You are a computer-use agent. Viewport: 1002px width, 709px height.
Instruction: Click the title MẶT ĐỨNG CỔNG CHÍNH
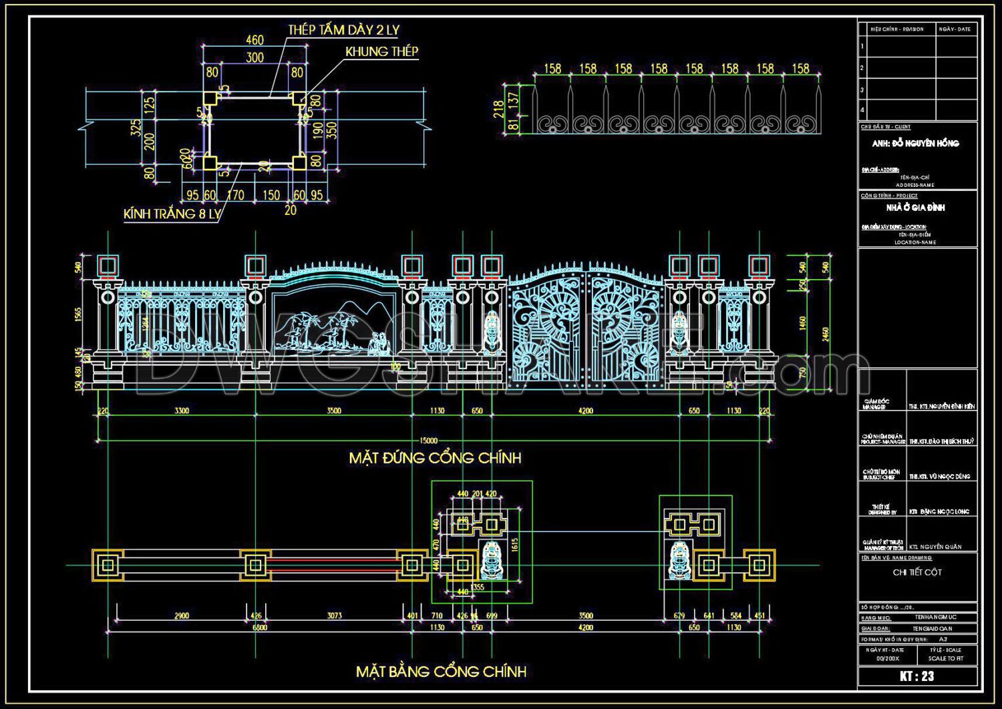click(435, 458)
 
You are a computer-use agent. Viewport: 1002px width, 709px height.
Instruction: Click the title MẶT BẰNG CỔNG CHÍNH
click(441, 671)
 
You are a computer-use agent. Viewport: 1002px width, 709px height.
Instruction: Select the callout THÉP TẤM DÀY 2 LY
click(343, 30)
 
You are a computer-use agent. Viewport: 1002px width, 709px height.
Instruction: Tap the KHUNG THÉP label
click(381, 51)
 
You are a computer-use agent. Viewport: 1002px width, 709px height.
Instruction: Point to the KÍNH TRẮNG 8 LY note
click(172, 214)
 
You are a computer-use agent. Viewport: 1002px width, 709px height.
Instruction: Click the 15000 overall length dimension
click(429, 441)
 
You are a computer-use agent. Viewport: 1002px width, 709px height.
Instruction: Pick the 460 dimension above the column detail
click(255, 40)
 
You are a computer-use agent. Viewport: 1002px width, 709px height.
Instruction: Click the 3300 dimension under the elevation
click(182, 411)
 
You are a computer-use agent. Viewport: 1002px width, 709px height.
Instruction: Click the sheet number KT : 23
click(916, 676)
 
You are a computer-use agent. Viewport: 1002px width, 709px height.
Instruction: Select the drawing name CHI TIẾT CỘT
click(917, 572)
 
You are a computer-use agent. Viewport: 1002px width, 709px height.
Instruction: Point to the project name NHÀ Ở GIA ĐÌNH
click(915, 208)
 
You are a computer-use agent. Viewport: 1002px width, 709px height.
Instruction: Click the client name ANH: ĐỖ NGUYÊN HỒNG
click(915, 143)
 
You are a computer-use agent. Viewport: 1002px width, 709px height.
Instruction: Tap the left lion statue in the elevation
click(492, 331)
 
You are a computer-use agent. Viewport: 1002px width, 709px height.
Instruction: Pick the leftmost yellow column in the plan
click(108, 565)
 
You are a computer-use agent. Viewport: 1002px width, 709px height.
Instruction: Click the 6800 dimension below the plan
click(259, 628)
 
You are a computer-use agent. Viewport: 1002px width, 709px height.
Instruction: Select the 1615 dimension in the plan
click(514, 545)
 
